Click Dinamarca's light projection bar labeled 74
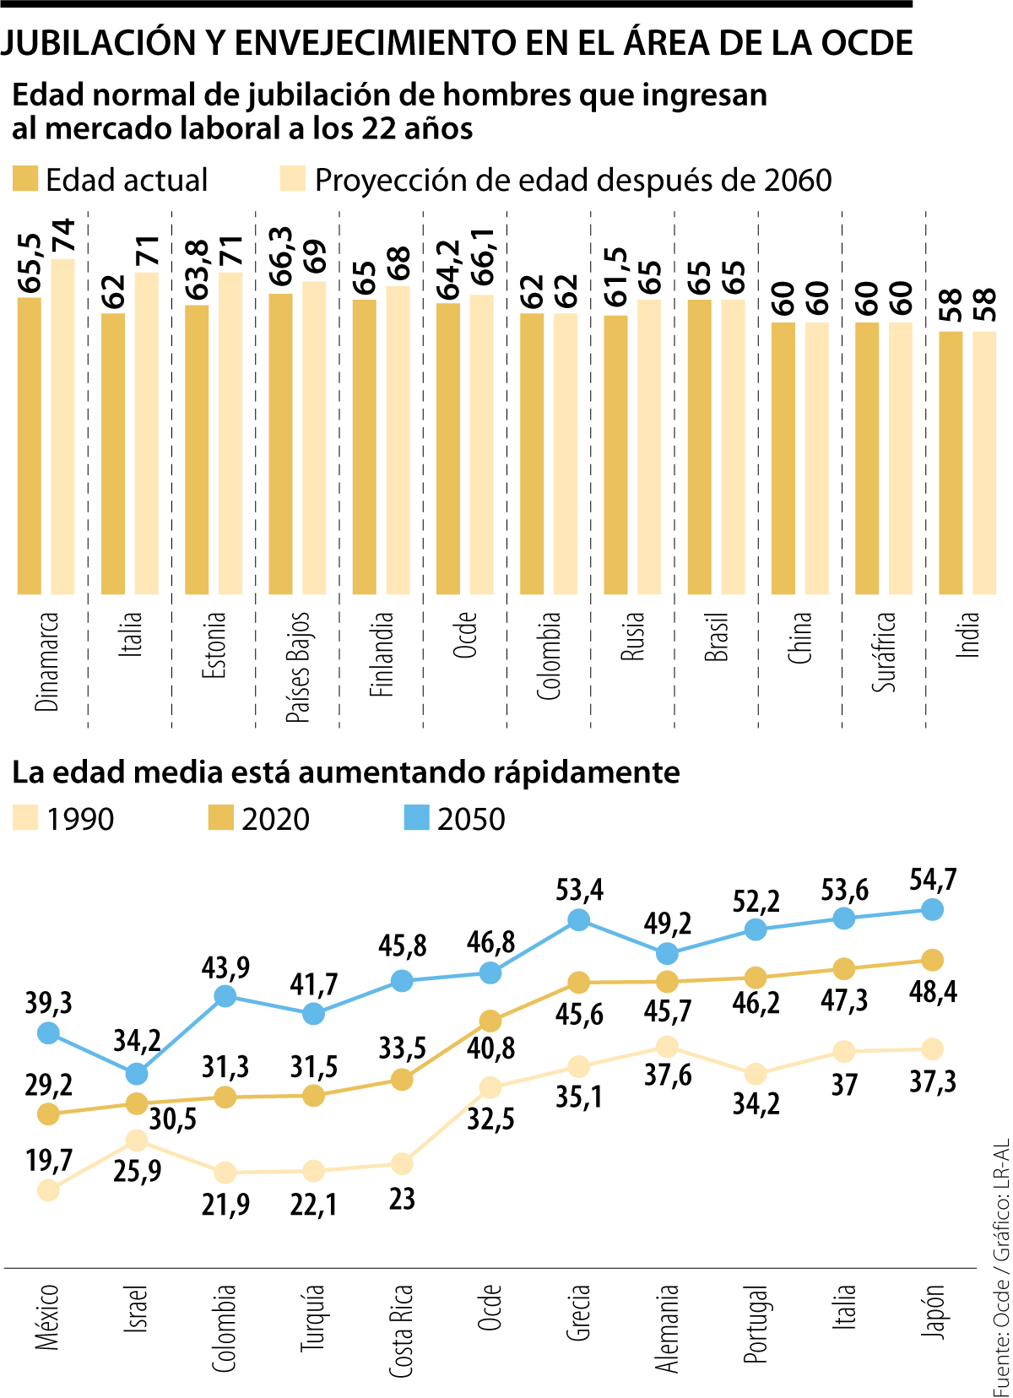coord(63,426)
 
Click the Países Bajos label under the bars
coord(298,667)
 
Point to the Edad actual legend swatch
coord(25,180)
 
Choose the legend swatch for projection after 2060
coord(292,180)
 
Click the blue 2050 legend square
coord(417,818)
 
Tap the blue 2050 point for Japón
coord(932,909)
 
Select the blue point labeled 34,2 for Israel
coord(137,1074)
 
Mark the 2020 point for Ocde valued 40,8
coord(490,1021)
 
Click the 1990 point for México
coord(49,1190)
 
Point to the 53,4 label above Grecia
coord(579,891)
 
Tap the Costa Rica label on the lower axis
coord(402,1331)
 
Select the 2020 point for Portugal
coord(756,978)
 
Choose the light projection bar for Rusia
coord(649,447)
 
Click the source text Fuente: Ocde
coord(1001,1342)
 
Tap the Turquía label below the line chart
coord(313,1318)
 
